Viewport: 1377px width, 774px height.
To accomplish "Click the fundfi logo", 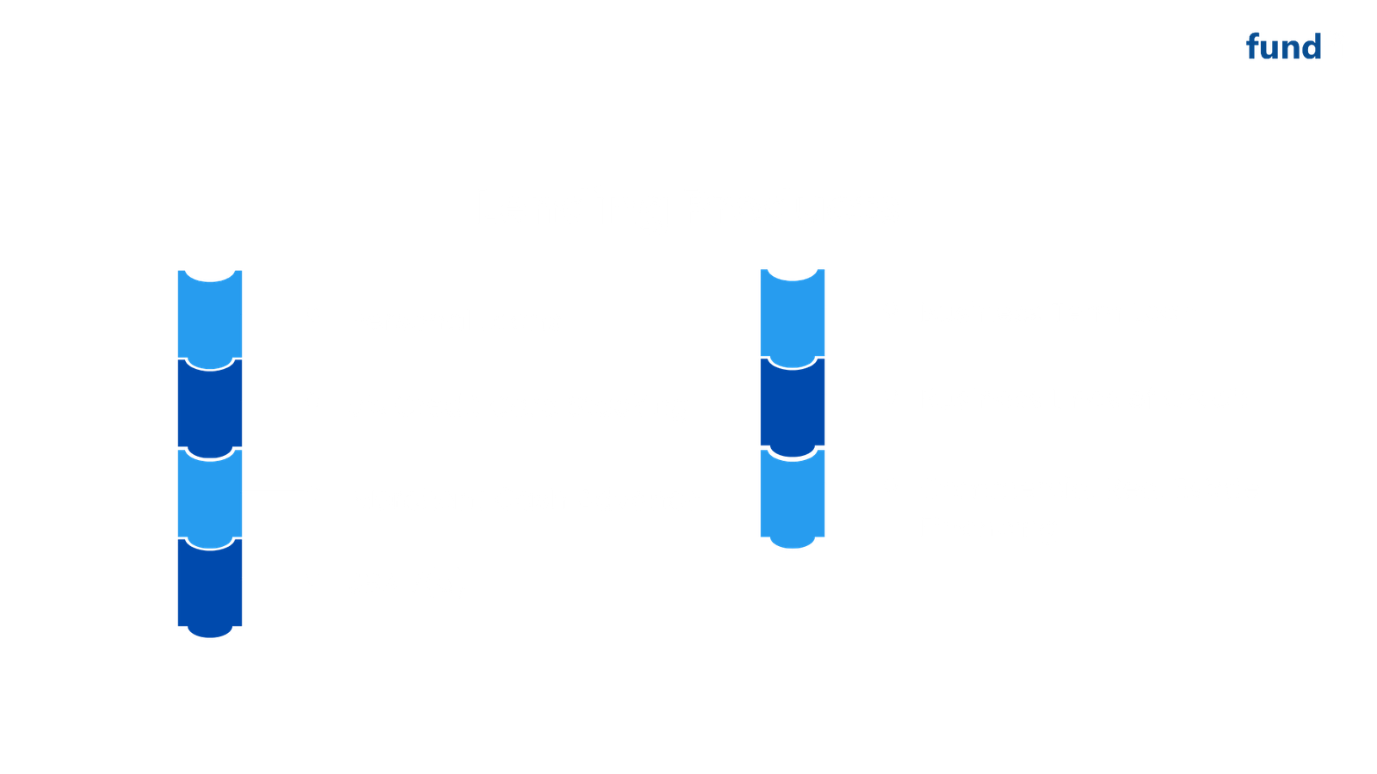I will (1295, 46).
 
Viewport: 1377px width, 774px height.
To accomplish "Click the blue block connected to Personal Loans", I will (209, 318).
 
